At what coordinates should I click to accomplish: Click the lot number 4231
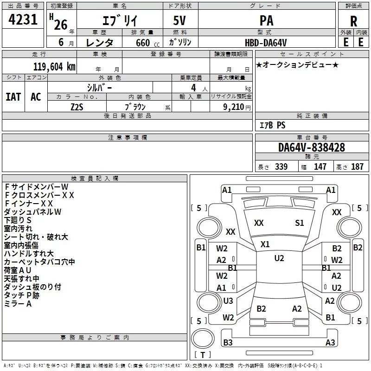[x=23, y=19]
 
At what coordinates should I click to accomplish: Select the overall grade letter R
[x=353, y=21]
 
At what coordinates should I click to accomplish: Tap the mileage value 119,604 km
[x=54, y=66]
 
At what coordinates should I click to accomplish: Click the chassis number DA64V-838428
[x=312, y=147]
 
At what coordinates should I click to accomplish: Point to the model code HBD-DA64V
[x=266, y=43]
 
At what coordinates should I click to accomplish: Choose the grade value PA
[x=266, y=20]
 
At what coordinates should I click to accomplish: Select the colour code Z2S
[x=77, y=107]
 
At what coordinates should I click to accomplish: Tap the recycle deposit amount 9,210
[x=234, y=107]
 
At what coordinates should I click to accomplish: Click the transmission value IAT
[x=13, y=97]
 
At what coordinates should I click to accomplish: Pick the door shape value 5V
[x=179, y=20]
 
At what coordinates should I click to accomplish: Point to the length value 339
[x=281, y=166]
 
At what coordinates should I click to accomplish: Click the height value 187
[x=357, y=166]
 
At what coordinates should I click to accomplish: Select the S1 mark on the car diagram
[x=299, y=223]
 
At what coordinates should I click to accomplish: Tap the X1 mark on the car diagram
[x=265, y=244]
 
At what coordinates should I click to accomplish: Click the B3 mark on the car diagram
[x=228, y=342]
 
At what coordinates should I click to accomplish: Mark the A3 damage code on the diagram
[x=330, y=342]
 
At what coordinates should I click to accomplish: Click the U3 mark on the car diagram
[x=228, y=301]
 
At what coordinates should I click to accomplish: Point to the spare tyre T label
[x=203, y=355]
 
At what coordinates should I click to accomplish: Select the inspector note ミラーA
[x=18, y=304]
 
